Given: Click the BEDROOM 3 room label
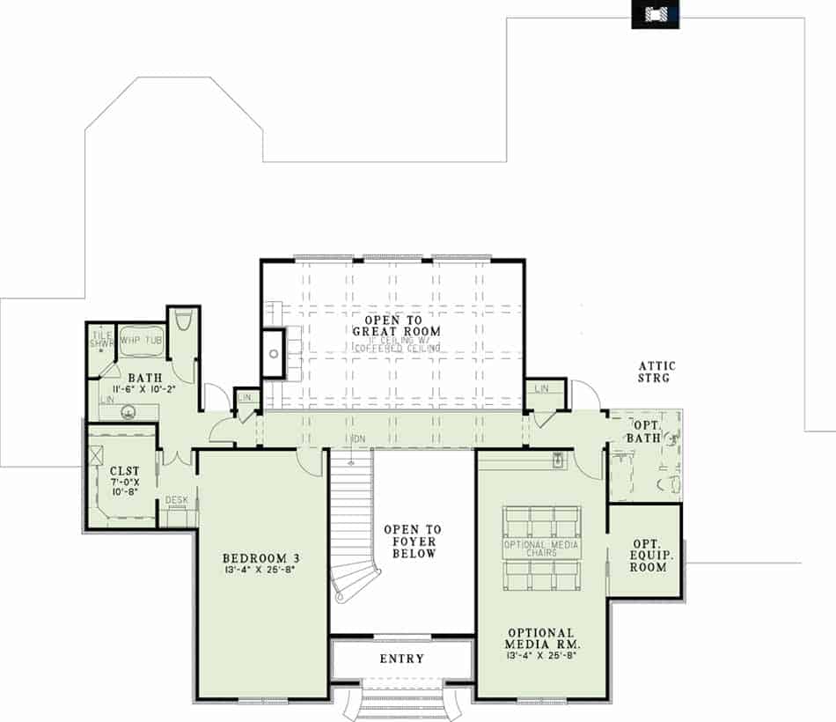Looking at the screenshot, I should (x=261, y=557).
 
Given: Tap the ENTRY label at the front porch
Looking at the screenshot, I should (x=401, y=659).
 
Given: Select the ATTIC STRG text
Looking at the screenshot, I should (x=655, y=372).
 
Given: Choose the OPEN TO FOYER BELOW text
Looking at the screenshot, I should (x=412, y=541).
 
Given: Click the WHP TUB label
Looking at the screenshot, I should (x=141, y=340).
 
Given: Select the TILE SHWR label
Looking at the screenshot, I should (x=102, y=339).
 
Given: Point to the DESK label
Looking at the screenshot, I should (x=177, y=501).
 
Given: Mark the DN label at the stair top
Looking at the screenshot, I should (x=357, y=438).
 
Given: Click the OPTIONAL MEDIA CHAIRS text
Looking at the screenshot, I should (x=541, y=548).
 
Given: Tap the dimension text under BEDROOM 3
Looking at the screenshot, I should (x=261, y=571).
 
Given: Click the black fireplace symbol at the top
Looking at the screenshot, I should (x=655, y=14).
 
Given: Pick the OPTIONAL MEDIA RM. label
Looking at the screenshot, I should (x=541, y=638).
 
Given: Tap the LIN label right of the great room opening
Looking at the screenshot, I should (x=541, y=388).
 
